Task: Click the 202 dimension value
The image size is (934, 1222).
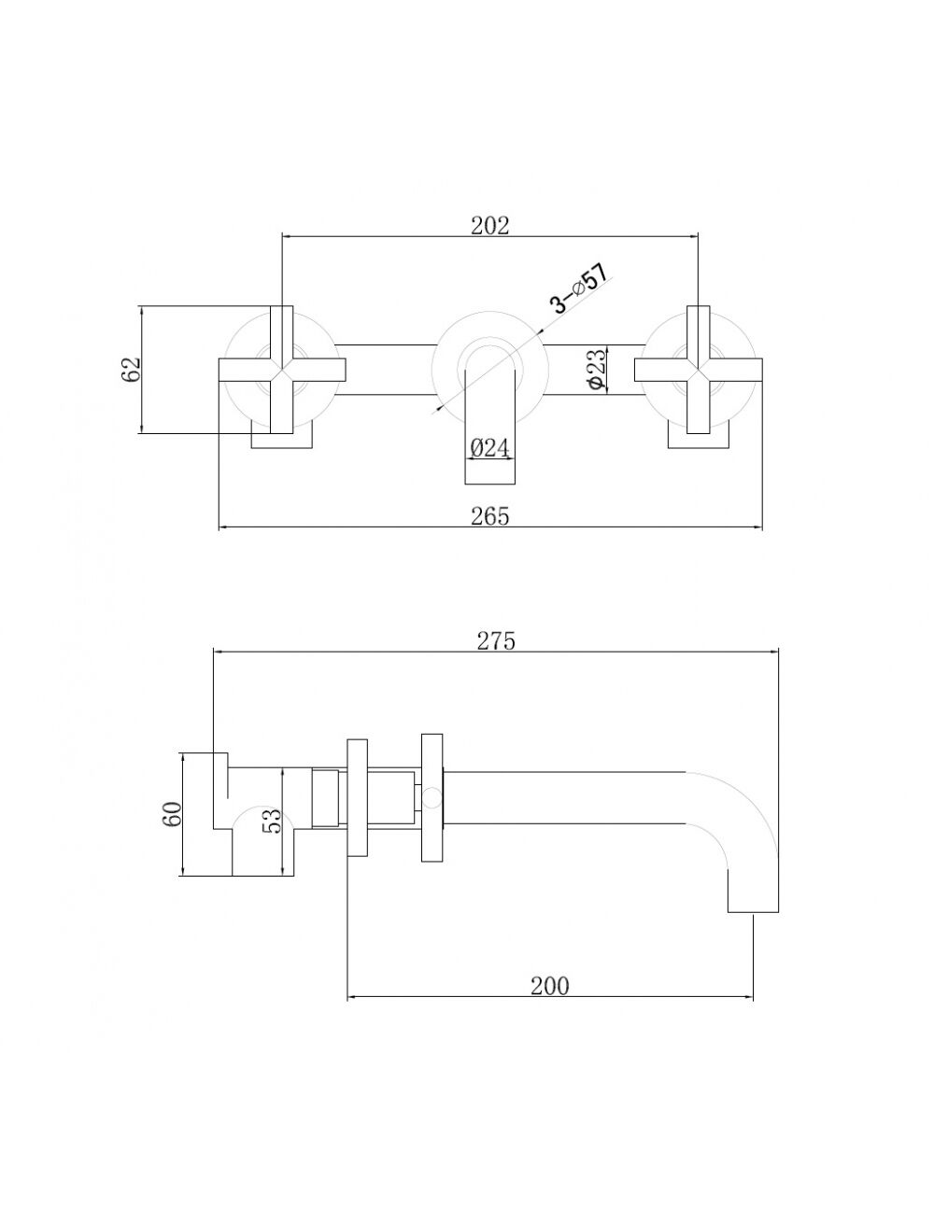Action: click(x=490, y=226)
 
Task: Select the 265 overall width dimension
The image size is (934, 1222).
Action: click(x=490, y=516)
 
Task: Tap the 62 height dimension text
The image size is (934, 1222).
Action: click(x=132, y=369)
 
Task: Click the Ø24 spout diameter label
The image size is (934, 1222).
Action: click(x=489, y=448)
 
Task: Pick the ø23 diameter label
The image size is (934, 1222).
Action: click(x=597, y=370)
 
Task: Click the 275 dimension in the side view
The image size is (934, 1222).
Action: click(x=496, y=641)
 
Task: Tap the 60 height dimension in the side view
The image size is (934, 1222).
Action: click(x=173, y=814)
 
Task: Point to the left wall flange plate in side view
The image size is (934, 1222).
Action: click(x=358, y=798)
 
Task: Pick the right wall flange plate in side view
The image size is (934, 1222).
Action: click(x=432, y=798)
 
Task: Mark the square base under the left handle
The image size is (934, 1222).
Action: click(x=282, y=435)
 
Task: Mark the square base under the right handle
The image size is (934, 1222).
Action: click(x=699, y=435)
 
